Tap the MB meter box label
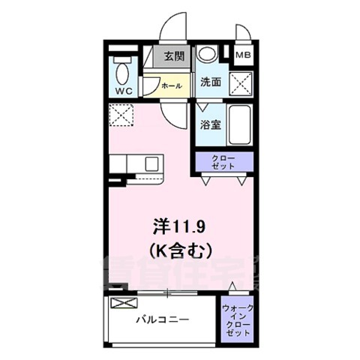coord(244,55)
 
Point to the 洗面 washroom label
coord(210,83)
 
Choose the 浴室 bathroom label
coord(209,126)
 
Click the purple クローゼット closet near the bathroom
coord(223,162)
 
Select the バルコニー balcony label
coord(162,319)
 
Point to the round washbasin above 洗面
coord(208,55)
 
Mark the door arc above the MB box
coord(245,34)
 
